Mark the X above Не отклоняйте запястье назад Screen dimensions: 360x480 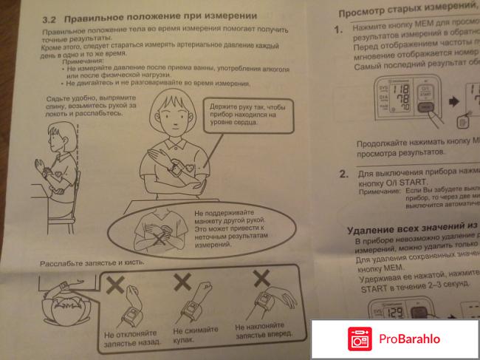coord(117,285)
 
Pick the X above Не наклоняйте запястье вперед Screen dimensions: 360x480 coord(261,279)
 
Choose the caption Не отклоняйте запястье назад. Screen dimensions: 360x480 coord(130,339)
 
